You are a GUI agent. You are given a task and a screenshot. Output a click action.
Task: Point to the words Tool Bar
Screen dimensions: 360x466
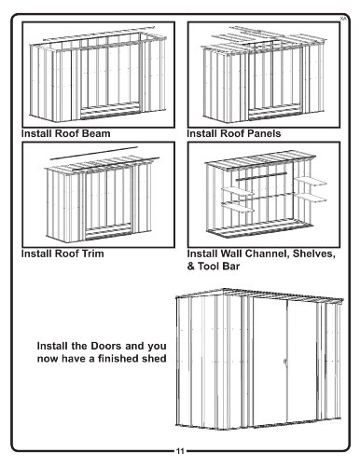coord(219,267)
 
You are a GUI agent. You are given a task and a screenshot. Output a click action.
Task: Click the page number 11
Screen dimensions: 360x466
coord(180,451)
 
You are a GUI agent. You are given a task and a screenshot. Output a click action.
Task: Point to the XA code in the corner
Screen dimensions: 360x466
coord(342,19)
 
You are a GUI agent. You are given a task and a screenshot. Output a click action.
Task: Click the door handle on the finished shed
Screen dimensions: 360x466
coord(284,362)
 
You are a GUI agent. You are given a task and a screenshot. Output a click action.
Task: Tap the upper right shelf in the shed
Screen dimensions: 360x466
coord(311,181)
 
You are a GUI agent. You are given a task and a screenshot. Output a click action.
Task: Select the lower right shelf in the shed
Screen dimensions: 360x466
coord(311,198)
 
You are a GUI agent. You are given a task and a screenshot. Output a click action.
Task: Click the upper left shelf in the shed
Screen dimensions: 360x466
coord(238,191)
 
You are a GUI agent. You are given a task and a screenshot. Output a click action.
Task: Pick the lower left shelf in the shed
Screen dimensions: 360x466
coord(238,206)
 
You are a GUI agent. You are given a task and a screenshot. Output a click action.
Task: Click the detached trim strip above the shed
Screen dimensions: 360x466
coord(93,153)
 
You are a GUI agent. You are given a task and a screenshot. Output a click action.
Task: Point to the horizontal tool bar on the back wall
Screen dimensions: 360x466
coord(261,176)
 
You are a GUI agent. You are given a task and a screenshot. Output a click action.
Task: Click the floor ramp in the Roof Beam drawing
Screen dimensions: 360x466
coord(109,112)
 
